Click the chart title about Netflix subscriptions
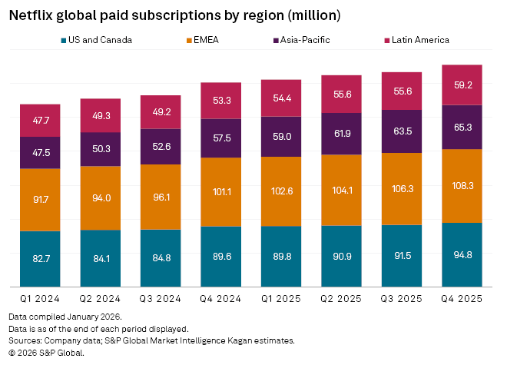tap(174, 15)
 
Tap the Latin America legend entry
tap(415, 40)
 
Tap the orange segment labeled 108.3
tap(462, 186)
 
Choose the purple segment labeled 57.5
tap(221, 138)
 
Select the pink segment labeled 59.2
tap(462, 85)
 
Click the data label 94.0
tap(101, 197)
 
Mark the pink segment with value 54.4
tap(281, 98)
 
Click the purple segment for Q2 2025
tap(341, 134)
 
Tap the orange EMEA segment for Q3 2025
tap(402, 189)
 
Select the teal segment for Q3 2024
tap(161, 258)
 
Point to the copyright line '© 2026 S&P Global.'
tap(46, 352)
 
